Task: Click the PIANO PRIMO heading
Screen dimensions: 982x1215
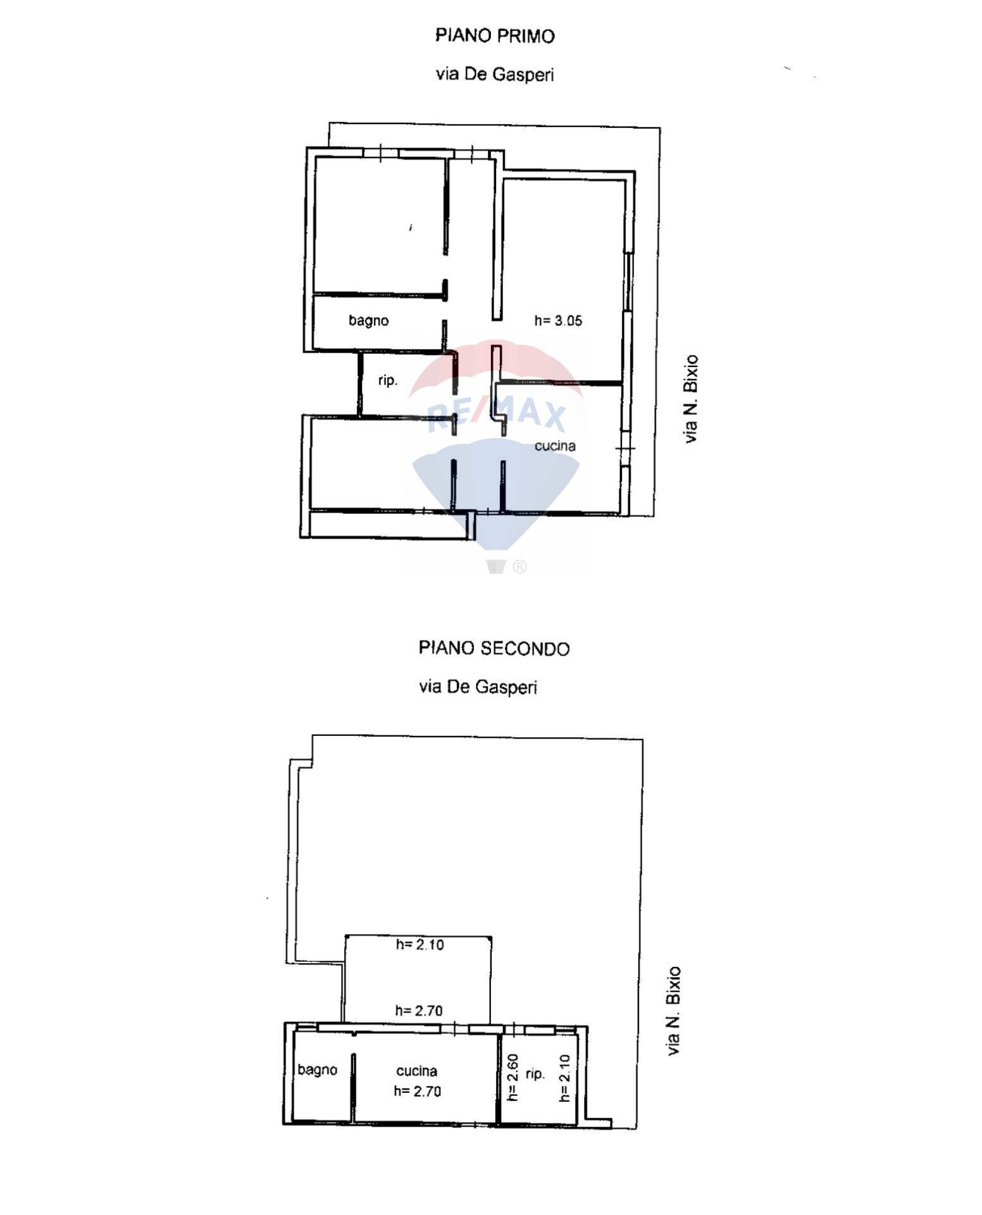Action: (495, 35)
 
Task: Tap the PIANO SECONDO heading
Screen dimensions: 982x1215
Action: (494, 648)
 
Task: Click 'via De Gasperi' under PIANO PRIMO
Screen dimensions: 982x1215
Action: (495, 75)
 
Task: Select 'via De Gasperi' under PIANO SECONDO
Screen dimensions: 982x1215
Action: (478, 687)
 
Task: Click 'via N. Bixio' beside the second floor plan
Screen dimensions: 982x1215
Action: (674, 1011)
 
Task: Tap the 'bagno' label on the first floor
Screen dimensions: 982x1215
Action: (368, 320)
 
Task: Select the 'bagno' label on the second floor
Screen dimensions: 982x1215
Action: (317, 1069)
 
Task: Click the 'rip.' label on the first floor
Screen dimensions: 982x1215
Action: (387, 380)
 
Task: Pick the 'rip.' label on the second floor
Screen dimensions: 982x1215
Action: (535, 1074)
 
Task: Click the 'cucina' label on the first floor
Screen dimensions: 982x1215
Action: (555, 445)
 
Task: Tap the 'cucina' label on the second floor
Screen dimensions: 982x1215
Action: (416, 1071)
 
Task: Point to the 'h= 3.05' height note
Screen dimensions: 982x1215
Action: (558, 321)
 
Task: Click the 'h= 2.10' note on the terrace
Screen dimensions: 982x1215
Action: (420, 945)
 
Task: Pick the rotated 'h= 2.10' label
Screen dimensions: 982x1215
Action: (564, 1078)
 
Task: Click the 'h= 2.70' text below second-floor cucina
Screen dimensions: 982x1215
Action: (417, 1091)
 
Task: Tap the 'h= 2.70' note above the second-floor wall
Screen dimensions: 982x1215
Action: (418, 1011)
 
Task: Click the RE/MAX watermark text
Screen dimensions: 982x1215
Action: (496, 416)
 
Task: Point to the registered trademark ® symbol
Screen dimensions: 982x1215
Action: (519, 566)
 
